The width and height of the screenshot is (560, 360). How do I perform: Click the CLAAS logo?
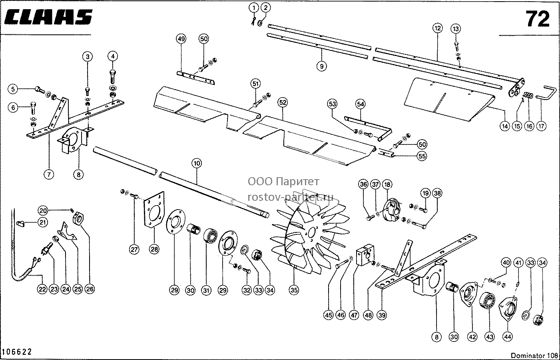pos(48,17)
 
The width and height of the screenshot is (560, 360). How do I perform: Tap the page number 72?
pos(538,19)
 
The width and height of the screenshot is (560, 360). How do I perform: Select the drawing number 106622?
pos(16,352)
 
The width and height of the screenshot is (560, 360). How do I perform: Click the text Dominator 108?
pos(534,355)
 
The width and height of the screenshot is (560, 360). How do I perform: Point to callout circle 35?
pos(294,290)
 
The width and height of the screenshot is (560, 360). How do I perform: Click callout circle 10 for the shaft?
pos(197,163)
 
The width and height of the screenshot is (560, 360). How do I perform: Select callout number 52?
pos(283,102)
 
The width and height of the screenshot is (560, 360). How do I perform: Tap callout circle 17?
pos(541,126)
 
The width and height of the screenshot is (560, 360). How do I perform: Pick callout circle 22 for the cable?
pos(42,289)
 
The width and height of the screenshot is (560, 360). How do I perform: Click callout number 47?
pos(354,315)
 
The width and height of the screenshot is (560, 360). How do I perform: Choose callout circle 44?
pos(508,337)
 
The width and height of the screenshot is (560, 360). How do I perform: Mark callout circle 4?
pos(113,56)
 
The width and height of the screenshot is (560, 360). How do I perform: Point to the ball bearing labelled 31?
pos(211,236)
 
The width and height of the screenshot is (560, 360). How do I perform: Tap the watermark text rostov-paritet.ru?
pos(291,198)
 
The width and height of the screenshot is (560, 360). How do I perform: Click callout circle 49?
pos(181,39)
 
